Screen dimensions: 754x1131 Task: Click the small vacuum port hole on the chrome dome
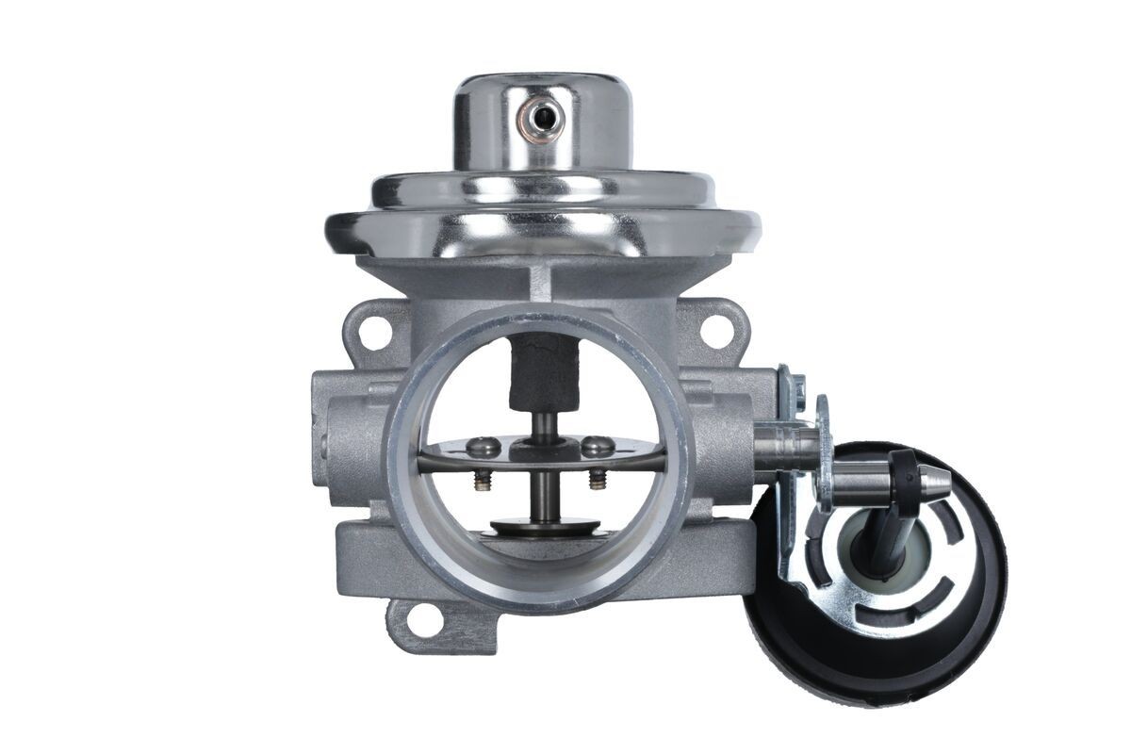tap(542, 118)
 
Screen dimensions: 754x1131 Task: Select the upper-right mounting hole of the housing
tap(716, 328)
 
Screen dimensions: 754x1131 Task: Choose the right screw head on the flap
tap(596, 444)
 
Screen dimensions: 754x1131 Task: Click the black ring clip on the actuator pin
tap(904, 469)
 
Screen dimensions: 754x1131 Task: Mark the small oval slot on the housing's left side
tap(325, 443)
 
